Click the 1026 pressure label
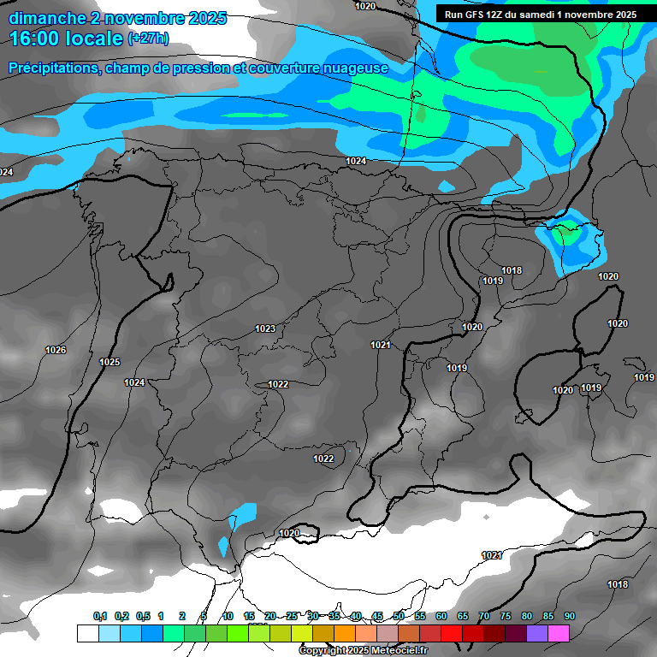click(x=56, y=350)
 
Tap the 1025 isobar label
click(x=109, y=362)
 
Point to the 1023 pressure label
click(x=265, y=328)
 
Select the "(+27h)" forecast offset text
click(x=148, y=38)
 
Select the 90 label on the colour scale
click(x=570, y=616)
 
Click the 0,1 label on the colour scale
click(x=99, y=616)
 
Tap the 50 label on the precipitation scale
click(x=399, y=616)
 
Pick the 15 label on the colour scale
click(x=249, y=616)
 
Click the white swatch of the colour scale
click(x=87, y=633)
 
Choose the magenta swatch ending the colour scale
click(x=559, y=633)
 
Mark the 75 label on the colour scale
click(x=506, y=616)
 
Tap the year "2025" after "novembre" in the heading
click(x=206, y=17)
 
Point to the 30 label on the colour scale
click(x=313, y=616)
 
